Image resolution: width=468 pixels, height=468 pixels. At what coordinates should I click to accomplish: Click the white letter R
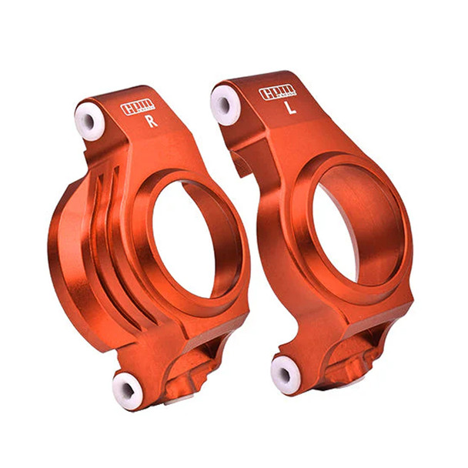[x=151, y=121]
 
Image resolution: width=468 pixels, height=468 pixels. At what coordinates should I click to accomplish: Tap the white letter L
[x=290, y=109]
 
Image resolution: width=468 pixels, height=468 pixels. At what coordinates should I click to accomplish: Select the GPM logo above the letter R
[x=138, y=108]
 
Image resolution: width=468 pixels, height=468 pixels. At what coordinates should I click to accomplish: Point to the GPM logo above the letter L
[x=276, y=93]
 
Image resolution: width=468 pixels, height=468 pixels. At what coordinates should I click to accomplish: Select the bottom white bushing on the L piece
[x=285, y=375]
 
